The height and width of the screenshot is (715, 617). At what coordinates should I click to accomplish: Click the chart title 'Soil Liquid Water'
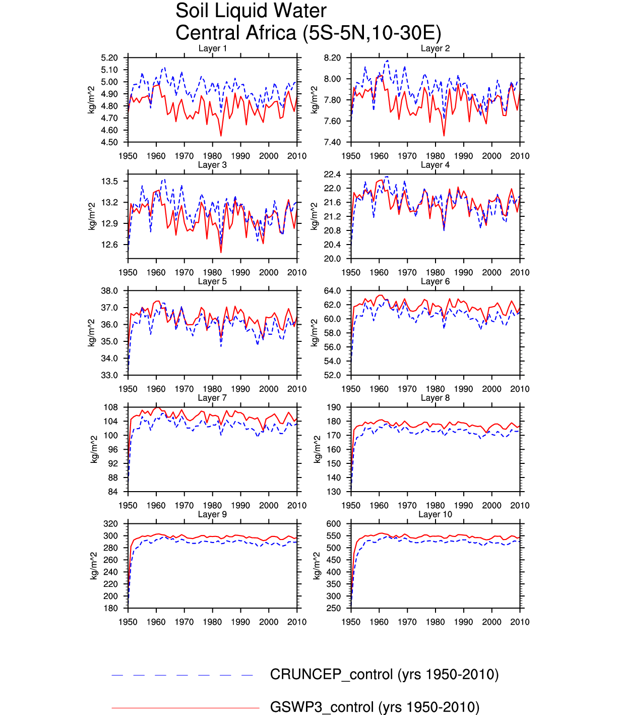point(251,11)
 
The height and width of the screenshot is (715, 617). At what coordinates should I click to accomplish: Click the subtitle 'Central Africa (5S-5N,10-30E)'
point(308,33)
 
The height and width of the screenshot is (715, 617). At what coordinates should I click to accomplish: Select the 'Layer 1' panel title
point(212,48)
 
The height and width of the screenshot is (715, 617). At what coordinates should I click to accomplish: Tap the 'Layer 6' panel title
point(435,281)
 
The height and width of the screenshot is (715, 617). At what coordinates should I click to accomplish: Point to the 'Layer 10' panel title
point(435,514)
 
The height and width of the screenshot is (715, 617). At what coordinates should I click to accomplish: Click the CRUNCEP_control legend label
point(384,675)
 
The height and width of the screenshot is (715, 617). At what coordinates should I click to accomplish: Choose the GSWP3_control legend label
point(375,707)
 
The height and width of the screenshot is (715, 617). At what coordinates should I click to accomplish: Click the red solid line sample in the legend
point(185,708)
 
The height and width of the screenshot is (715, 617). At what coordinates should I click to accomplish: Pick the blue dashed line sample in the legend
point(182,675)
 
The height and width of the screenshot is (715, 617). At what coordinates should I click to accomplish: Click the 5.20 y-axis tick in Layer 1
point(109,58)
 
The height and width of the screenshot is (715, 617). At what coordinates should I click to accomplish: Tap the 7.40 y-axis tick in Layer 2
point(332,142)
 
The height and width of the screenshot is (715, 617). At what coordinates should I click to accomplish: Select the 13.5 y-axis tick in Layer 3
point(110,182)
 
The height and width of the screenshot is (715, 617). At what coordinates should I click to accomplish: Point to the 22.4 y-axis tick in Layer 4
point(332,174)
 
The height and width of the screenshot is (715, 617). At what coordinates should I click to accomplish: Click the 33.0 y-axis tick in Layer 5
point(109,375)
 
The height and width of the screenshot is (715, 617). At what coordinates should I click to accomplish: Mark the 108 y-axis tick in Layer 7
point(111,407)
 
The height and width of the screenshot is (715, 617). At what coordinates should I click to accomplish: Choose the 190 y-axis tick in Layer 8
point(334,407)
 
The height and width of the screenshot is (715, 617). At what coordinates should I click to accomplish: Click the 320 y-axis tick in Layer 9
point(111,524)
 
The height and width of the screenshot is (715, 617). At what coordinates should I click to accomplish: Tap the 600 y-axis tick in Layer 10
point(334,524)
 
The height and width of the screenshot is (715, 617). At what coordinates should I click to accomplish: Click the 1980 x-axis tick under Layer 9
point(212,622)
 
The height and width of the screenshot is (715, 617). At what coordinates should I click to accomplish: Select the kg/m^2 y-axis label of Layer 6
point(315,333)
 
